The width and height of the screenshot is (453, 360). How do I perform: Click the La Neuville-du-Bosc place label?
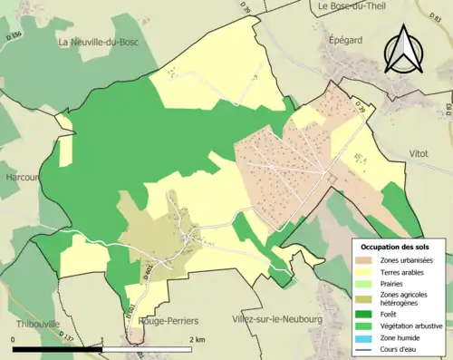pyautogui.click(x=102, y=42)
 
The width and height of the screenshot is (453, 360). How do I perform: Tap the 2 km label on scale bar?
pyautogui.click(x=197, y=339)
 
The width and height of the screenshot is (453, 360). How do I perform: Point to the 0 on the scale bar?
pyautogui.click(x=13, y=339)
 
